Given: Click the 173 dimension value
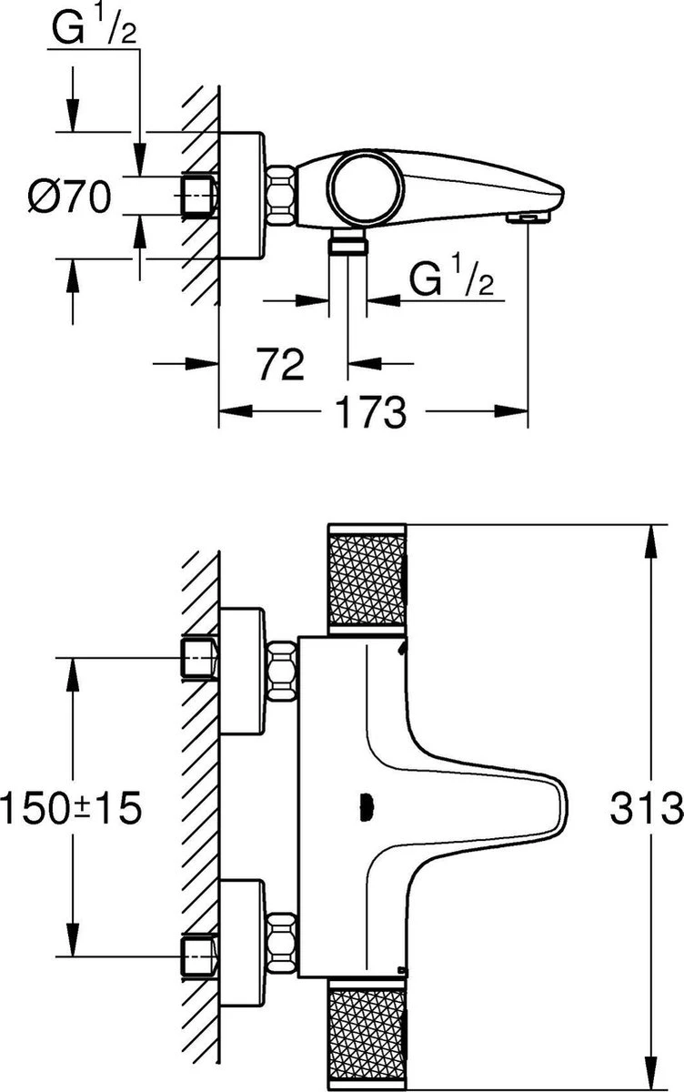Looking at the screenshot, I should (372, 413).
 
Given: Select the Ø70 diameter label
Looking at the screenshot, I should (69, 197).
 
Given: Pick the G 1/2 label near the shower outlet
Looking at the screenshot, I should (451, 280).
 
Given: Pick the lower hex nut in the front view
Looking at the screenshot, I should (282, 943).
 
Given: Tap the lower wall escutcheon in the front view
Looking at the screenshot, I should (242, 943).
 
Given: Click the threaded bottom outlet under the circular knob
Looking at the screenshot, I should (347, 243).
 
